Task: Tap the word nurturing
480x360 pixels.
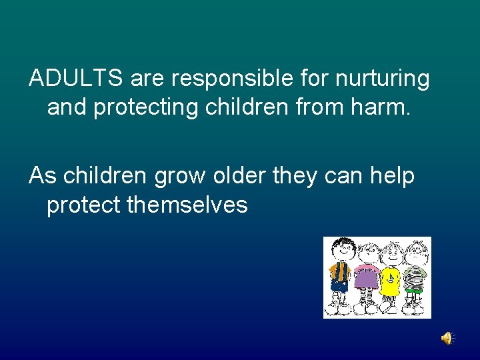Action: tap(383, 79)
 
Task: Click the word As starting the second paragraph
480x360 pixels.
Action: tap(43, 176)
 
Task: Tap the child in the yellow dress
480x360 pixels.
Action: tap(391, 277)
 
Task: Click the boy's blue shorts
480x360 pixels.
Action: tap(339, 287)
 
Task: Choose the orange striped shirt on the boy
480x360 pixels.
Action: tap(339, 271)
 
